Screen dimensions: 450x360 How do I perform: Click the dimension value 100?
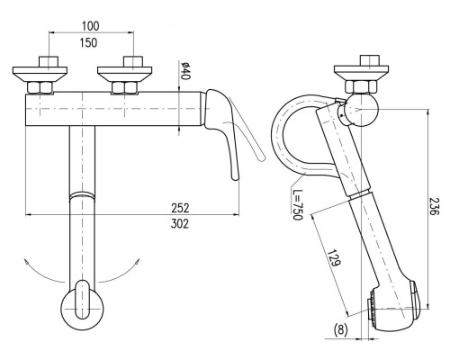pos(91,26)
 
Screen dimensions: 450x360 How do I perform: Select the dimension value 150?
pos(88,43)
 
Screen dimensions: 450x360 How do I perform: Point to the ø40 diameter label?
pos(185,70)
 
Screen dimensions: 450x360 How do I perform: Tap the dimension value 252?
pos(180,208)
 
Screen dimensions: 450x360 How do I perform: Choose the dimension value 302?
pos(180,224)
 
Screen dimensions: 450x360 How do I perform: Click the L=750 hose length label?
pos(297,204)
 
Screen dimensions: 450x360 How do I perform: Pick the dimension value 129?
pos(334,257)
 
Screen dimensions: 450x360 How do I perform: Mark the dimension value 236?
pos(434,206)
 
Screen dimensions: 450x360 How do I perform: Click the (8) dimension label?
pos(341,329)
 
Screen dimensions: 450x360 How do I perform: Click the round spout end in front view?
pos(82,309)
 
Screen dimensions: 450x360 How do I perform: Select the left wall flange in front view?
pos(40,74)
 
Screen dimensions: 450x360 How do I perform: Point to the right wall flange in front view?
pos(124,74)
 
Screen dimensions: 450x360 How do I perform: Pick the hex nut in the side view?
pos(361,87)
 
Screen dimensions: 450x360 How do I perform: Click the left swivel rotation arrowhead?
pos(27,263)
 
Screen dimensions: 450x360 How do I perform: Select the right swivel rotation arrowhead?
pos(137,263)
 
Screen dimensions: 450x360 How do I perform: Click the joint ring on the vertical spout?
pos(82,195)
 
